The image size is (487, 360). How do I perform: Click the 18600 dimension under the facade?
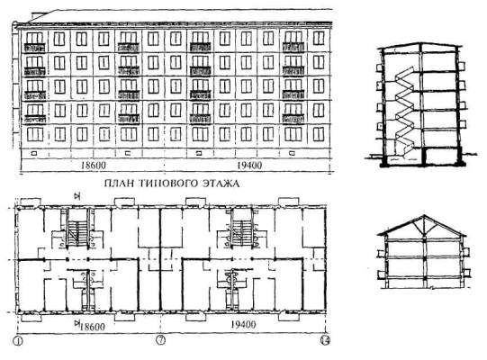click(x=94, y=166)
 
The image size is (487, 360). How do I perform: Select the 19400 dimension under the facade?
click(x=249, y=166)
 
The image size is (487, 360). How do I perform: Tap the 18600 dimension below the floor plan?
click(x=93, y=327)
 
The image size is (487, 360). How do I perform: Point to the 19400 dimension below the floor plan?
click(x=243, y=325)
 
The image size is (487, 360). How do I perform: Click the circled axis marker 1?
click(x=18, y=341)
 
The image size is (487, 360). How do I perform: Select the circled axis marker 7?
click(x=160, y=340)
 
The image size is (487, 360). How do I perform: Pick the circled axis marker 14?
click(x=325, y=340)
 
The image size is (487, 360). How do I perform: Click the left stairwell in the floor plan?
click(x=77, y=229)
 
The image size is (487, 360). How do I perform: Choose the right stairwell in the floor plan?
click(x=242, y=229)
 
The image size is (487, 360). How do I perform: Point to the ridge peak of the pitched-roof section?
click(x=425, y=215)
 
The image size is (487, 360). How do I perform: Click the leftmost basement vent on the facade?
click(x=34, y=153)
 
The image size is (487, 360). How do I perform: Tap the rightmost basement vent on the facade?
click(x=292, y=153)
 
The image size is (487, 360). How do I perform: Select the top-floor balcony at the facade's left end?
click(x=34, y=48)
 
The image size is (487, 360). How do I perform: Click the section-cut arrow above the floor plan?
click(x=77, y=195)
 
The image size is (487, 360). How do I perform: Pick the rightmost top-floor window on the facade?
click(x=319, y=39)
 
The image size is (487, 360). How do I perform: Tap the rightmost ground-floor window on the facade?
click(x=319, y=134)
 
